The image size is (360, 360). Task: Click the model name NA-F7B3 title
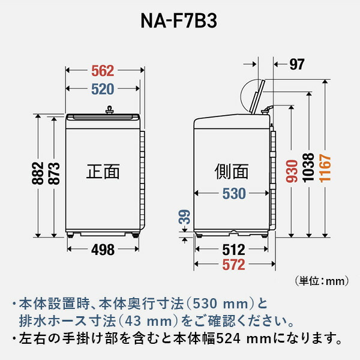(x=179, y=22)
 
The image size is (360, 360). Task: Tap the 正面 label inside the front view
(x=103, y=172)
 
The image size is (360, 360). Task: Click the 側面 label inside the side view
(x=231, y=172)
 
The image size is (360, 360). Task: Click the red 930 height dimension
(x=292, y=173)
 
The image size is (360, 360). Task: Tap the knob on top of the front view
(x=109, y=109)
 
